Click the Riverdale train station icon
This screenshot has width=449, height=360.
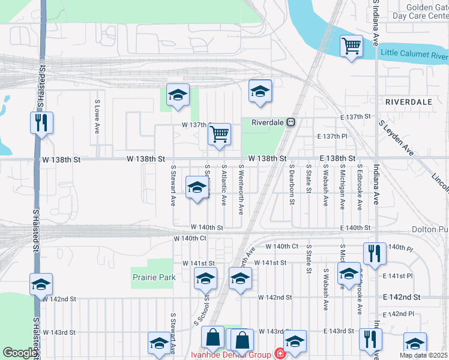[291, 122]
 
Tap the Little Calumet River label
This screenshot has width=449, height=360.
[414, 55]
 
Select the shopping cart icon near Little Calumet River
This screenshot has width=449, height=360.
[351, 46]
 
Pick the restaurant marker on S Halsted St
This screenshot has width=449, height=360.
[41, 122]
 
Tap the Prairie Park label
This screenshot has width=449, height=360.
[154, 277]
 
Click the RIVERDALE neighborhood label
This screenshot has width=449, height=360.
[409, 102]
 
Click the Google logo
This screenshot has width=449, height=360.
[19, 353]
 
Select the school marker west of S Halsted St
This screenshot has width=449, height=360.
[41, 284]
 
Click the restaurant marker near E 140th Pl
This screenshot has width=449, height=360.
[374, 253]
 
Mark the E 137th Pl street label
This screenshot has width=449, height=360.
[336, 137]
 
